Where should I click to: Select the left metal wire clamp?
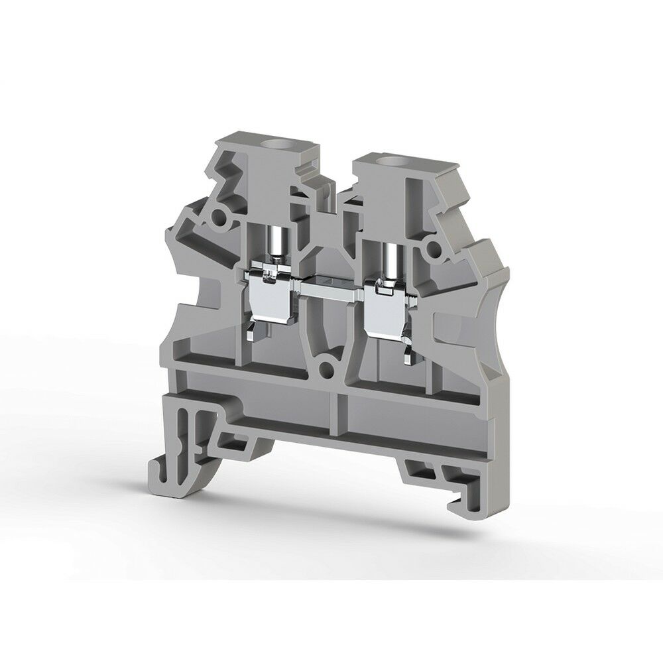(x=273, y=295)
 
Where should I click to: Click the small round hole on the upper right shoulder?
(x=434, y=250)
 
